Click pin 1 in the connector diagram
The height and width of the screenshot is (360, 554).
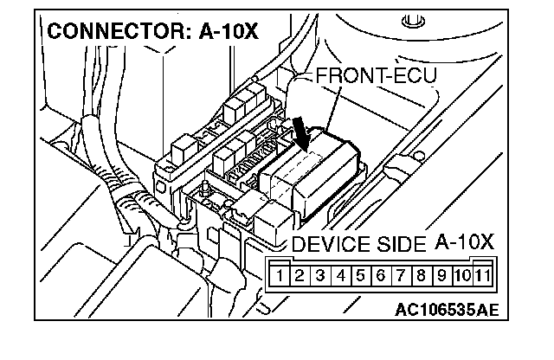pyautogui.click(x=281, y=277)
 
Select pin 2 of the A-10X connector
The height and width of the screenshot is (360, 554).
pyautogui.click(x=299, y=277)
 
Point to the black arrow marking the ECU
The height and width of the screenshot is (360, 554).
pyautogui.click(x=302, y=132)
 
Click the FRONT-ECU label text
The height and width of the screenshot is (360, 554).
pyautogui.click(x=376, y=75)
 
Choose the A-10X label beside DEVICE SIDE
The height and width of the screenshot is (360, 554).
pyautogui.click(x=464, y=241)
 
